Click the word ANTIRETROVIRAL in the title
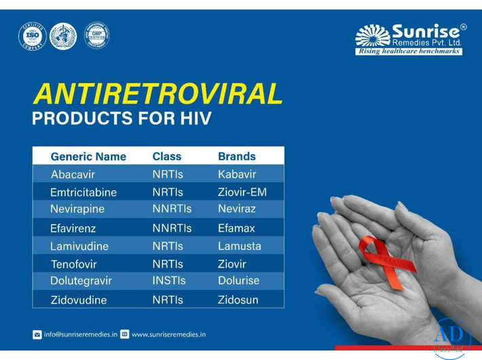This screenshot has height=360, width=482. (157, 94)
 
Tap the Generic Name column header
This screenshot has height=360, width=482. (88, 156)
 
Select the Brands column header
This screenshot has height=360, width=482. (237, 156)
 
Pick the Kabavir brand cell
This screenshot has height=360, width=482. (237, 175)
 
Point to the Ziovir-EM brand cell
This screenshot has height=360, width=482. (242, 192)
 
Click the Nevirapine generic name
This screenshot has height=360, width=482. (77, 209)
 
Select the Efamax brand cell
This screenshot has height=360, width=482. (236, 228)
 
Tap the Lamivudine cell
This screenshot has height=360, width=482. (79, 246)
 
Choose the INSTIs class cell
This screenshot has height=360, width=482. (169, 281)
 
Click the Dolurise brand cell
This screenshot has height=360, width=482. (238, 281)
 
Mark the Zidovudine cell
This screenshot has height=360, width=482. (78, 300)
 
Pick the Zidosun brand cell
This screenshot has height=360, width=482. (238, 300)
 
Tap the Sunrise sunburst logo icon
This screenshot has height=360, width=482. (373, 35)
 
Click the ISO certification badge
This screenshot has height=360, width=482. (31, 36)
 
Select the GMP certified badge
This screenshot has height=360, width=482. (96, 35)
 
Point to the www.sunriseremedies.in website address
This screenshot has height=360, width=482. (168, 334)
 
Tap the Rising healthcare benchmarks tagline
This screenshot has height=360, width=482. (409, 52)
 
